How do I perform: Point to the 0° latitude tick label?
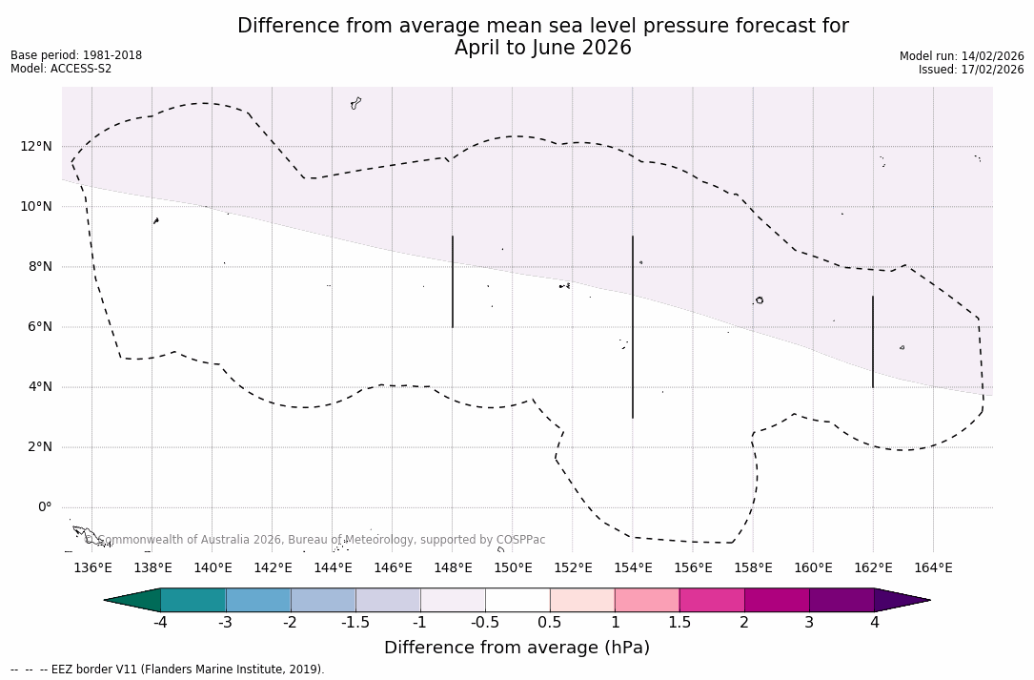pyautogui.click(x=44, y=507)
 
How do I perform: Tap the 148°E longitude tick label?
pyautogui.click(x=453, y=568)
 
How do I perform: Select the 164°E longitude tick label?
pyautogui.click(x=933, y=568)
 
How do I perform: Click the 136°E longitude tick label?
pyautogui.click(x=92, y=568)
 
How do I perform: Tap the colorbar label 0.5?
pyautogui.click(x=550, y=623)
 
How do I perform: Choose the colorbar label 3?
pyautogui.click(x=809, y=623)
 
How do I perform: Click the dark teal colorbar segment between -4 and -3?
pyautogui.click(x=193, y=600)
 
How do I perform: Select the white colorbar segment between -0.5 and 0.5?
pyautogui.click(x=517, y=600)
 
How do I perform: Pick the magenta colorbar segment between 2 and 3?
pyautogui.click(x=777, y=600)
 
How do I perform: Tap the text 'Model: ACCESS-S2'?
pyautogui.click(x=61, y=69)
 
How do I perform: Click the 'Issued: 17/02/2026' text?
pyautogui.click(x=971, y=70)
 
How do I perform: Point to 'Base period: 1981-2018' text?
pyautogui.click(x=76, y=55)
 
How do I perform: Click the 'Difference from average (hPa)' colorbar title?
pyautogui.click(x=517, y=648)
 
